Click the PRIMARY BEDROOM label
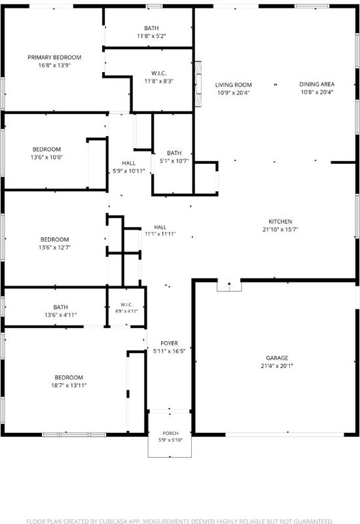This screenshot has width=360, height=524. pos(54,58)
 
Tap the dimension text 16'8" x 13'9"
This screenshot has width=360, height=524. pos(54,65)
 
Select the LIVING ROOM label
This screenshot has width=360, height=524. pos(234,85)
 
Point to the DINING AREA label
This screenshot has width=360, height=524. pos(317,84)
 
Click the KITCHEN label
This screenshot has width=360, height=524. pos(280,221)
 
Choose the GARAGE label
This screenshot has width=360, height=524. pos(277,358)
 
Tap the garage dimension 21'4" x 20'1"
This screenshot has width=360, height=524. pos(277,366)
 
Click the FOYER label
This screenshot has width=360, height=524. pos(170,343)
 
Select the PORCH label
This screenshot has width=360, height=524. pos(170,433)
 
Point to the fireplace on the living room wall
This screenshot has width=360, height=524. pos(198,84)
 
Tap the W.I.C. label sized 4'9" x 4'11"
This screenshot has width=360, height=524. pos(126,305)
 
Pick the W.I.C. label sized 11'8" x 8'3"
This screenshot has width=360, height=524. pos(158,73)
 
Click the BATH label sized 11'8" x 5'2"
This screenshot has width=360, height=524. pos(151,28)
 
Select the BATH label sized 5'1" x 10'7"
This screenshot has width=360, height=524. pos(174,153)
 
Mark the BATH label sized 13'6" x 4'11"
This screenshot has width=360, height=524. pos(60,307)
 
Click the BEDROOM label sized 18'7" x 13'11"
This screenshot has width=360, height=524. pos(69,378)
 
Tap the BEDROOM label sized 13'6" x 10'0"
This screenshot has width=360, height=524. pos(46,149)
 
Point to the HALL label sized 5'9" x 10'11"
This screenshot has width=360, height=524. pos(128,163)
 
